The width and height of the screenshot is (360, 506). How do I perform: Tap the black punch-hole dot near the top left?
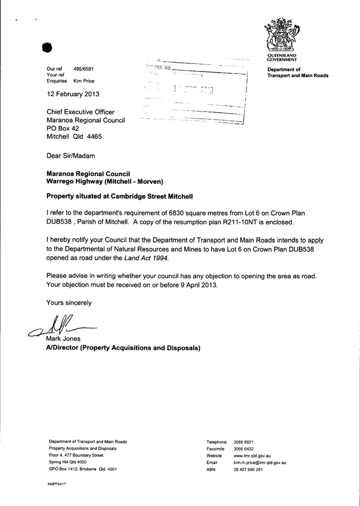pos(47,48)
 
